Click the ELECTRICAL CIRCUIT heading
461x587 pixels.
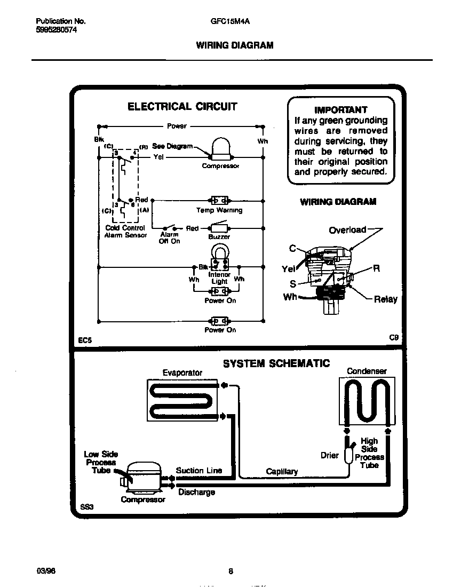click(x=182, y=107)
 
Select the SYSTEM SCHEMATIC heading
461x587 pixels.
click(x=276, y=363)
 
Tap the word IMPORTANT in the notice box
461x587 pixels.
click(x=340, y=110)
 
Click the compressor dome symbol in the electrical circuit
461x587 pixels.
click(x=220, y=149)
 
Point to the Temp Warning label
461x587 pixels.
click(x=219, y=210)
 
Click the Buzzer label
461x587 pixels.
click(x=219, y=236)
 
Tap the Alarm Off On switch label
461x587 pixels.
click(x=170, y=238)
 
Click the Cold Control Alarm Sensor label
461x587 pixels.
click(x=125, y=232)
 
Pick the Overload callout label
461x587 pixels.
click(x=347, y=230)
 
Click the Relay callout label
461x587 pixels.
click(x=385, y=299)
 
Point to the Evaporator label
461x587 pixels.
click(x=182, y=372)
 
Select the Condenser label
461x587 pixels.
click(x=367, y=371)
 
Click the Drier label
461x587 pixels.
click(x=329, y=455)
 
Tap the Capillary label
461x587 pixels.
click(x=282, y=471)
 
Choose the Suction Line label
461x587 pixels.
click(x=198, y=470)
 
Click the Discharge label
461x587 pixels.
click(x=196, y=492)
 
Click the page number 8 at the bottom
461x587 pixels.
click(x=230, y=571)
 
